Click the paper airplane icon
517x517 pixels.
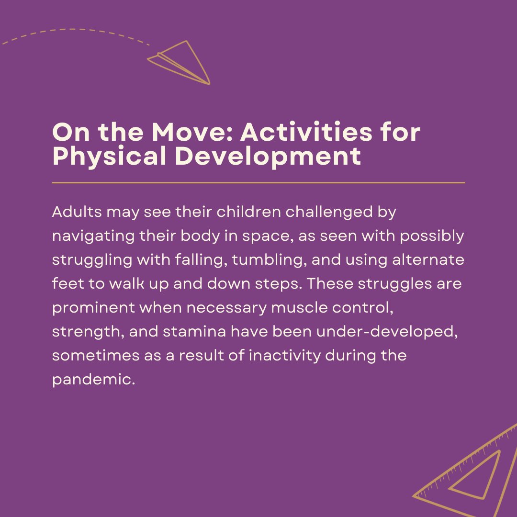(x=182, y=62)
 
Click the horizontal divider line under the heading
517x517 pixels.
(x=258, y=183)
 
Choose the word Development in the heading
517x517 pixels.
(x=268, y=157)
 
